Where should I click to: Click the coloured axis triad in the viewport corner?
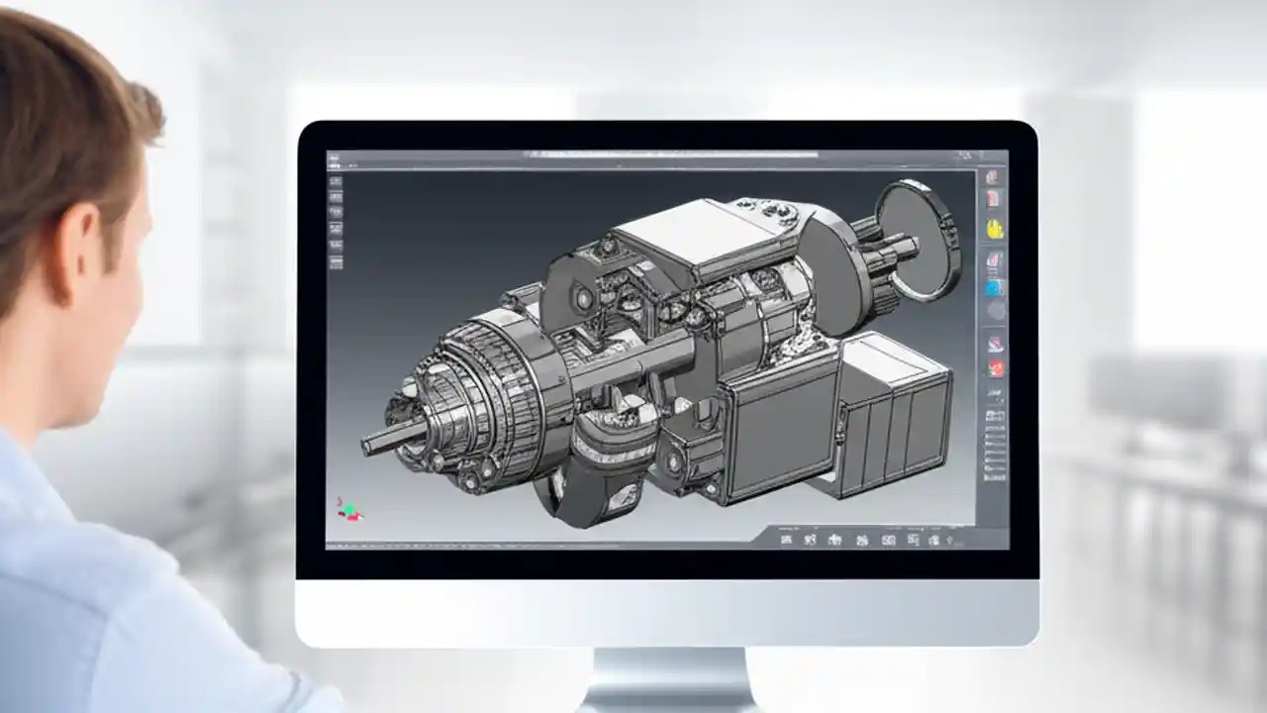(x=347, y=509)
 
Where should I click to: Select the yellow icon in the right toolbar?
(x=995, y=229)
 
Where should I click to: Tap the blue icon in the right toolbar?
(x=994, y=287)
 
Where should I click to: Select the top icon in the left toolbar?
(x=336, y=181)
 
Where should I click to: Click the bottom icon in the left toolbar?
(x=336, y=262)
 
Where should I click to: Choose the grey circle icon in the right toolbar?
(x=995, y=311)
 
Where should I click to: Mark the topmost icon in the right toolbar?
(x=994, y=177)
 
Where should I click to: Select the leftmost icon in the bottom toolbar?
(x=786, y=540)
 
